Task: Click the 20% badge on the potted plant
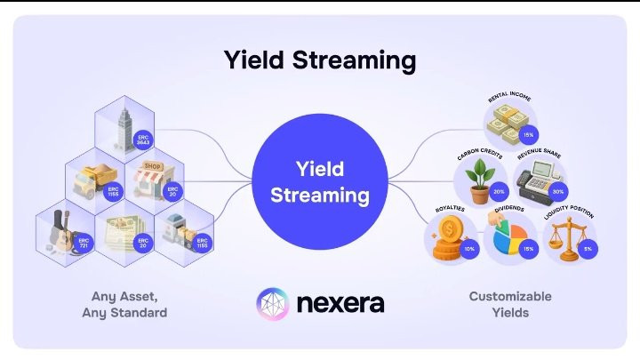coord(498,191)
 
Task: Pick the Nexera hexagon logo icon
coord(273,302)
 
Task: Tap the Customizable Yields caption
coord(510,304)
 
